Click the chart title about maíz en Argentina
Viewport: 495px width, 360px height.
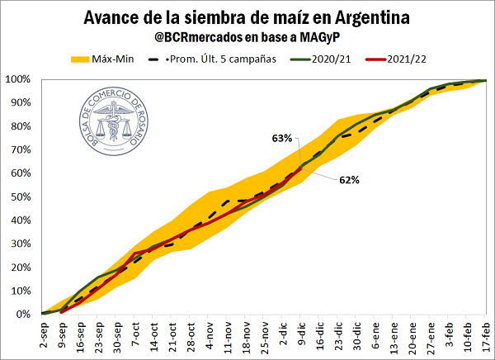click(x=247, y=17)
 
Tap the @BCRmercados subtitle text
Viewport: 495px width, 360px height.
click(x=247, y=37)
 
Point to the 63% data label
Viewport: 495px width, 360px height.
click(x=282, y=139)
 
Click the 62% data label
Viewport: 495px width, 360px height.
click(x=347, y=179)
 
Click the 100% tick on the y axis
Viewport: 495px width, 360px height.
click(x=18, y=79)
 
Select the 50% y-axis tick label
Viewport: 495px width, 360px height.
click(x=20, y=197)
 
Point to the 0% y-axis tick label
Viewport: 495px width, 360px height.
click(x=23, y=315)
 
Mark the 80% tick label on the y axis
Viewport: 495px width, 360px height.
click(x=20, y=126)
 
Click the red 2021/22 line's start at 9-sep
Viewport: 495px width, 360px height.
click(x=61, y=312)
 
